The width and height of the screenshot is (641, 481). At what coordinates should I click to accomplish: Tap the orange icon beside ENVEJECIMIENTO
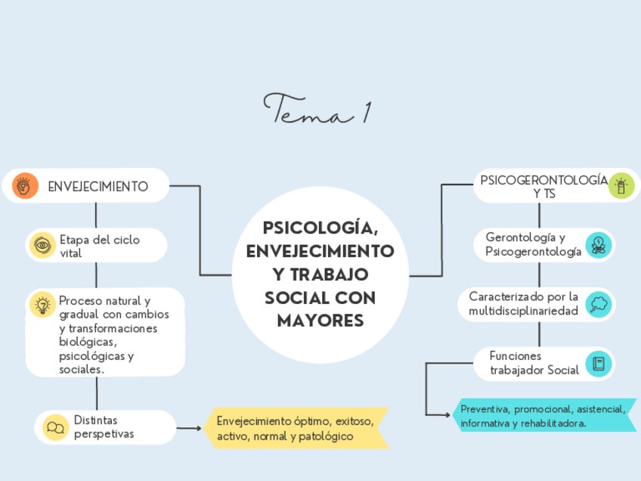pyautogui.click(x=25, y=185)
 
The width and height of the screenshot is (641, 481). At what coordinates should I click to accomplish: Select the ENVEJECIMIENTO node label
pyautogui.click(x=98, y=186)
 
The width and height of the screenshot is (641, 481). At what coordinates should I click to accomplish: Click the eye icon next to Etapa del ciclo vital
pyautogui.click(x=42, y=246)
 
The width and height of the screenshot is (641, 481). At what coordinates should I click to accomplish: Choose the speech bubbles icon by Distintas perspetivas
pyautogui.click(x=55, y=427)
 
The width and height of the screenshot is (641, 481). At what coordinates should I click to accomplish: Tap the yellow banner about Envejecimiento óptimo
pyautogui.click(x=296, y=429)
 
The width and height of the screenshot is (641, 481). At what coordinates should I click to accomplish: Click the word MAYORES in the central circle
pyautogui.click(x=320, y=321)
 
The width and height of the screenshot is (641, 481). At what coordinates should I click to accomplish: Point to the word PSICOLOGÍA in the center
pyautogui.click(x=320, y=228)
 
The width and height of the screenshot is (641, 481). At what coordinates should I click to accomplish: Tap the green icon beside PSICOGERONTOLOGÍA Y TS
pyautogui.click(x=622, y=185)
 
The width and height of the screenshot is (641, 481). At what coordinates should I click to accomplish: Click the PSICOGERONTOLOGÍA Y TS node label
pyautogui.click(x=543, y=186)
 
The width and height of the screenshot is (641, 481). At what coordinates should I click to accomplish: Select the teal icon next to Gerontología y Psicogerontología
pyautogui.click(x=599, y=244)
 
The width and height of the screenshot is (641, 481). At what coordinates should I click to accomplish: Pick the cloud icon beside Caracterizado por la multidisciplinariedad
pyautogui.click(x=599, y=304)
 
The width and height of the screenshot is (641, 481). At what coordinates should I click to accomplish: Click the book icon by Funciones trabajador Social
pyautogui.click(x=599, y=364)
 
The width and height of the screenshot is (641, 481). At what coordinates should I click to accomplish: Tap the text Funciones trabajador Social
pyautogui.click(x=534, y=363)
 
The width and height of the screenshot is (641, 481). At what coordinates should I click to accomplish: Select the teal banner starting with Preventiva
pyautogui.click(x=543, y=416)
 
